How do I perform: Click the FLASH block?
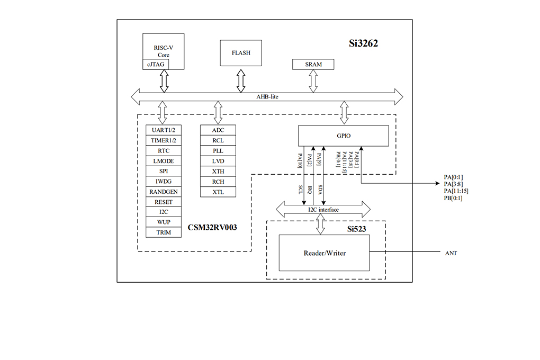241,53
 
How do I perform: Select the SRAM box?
313,64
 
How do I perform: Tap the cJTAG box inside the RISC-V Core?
156,64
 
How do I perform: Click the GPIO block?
344,136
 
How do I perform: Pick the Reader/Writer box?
324,253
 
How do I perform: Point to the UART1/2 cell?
164,130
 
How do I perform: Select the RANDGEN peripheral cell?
164,192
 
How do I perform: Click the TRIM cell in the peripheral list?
164,232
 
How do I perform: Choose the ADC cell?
218,130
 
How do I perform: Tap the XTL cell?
218,192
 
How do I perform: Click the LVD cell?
218,161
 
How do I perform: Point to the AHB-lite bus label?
267,97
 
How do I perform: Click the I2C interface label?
323,210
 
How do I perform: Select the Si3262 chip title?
363,43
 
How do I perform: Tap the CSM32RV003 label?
212,227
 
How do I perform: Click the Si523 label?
356,229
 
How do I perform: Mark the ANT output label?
451,253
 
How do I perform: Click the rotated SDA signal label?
320,190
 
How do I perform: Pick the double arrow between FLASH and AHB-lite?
241,81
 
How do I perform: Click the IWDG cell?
164,181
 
